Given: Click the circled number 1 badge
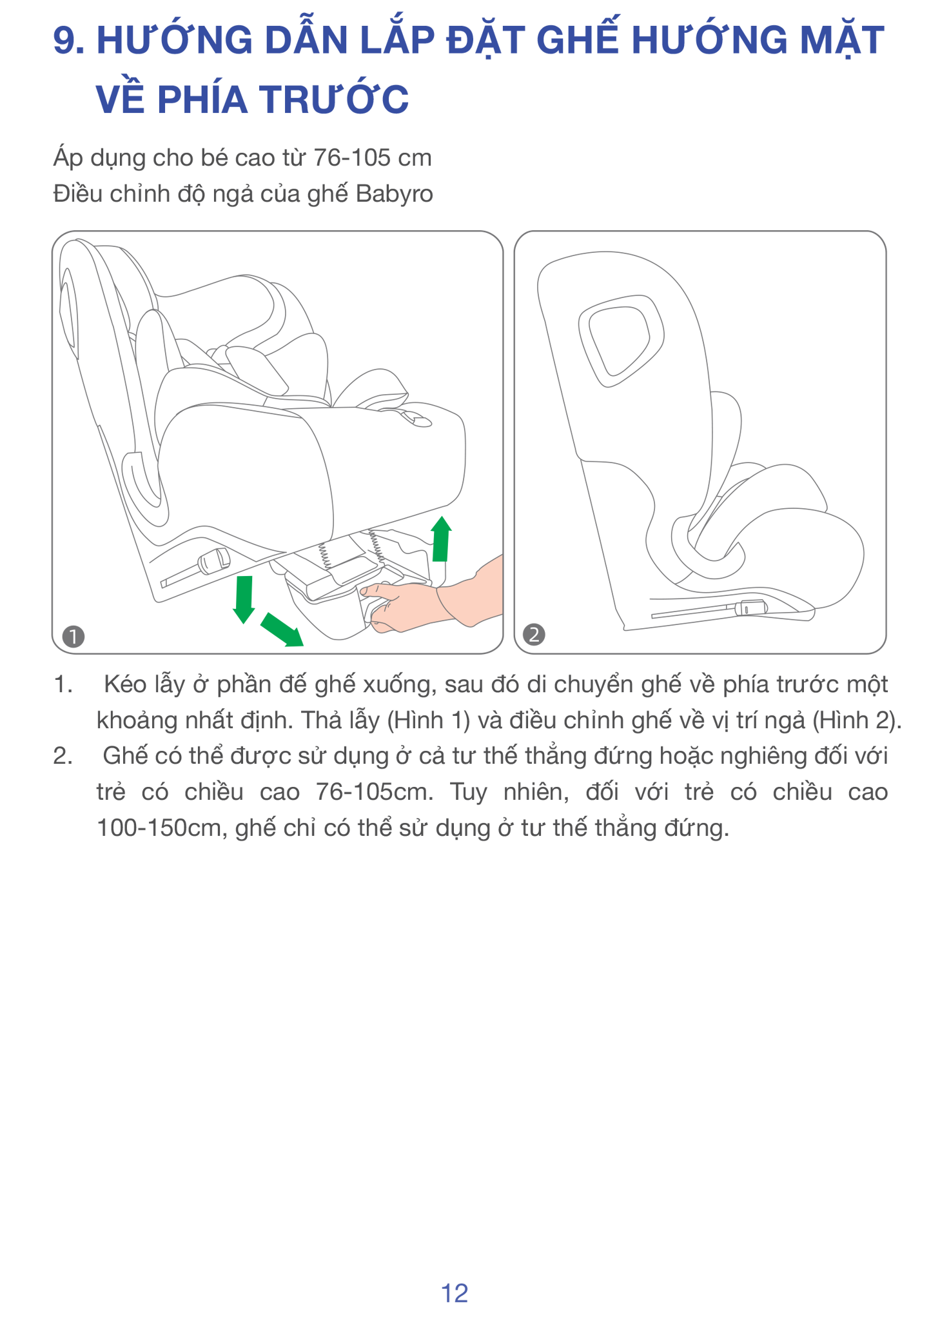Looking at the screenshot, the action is click(73, 637).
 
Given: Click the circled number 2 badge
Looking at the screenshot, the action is click(534, 635).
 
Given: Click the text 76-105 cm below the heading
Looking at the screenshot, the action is click(373, 158).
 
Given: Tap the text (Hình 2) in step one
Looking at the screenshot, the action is click(856, 720).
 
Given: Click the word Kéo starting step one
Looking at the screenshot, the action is click(125, 684).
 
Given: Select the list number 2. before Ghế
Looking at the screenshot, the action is click(63, 756).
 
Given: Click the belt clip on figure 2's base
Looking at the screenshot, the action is click(750, 607).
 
